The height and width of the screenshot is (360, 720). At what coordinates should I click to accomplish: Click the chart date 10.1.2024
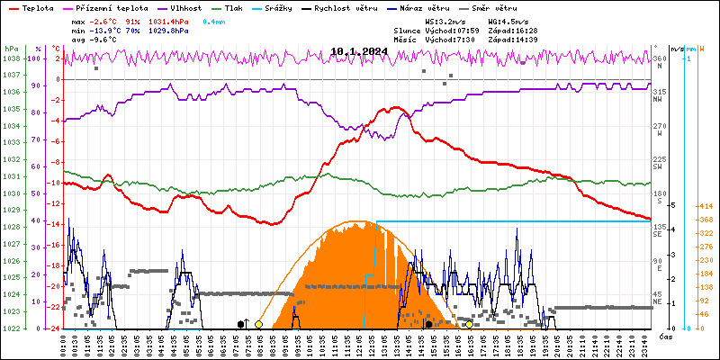click(x=360, y=51)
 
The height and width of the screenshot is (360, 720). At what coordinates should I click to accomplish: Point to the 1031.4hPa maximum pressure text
click(x=170, y=21)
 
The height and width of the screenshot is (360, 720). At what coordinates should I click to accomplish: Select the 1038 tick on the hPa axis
click(x=12, y=58)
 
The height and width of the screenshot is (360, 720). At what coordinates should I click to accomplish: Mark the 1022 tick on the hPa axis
click(x=12, y=328)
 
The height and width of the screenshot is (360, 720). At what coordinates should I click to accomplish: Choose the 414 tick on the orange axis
click(x=706, y=207)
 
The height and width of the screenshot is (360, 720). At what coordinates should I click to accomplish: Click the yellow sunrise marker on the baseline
click(x=258, y=324)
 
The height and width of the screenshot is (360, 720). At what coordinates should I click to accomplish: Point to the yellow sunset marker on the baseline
click(x=469, y=324)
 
